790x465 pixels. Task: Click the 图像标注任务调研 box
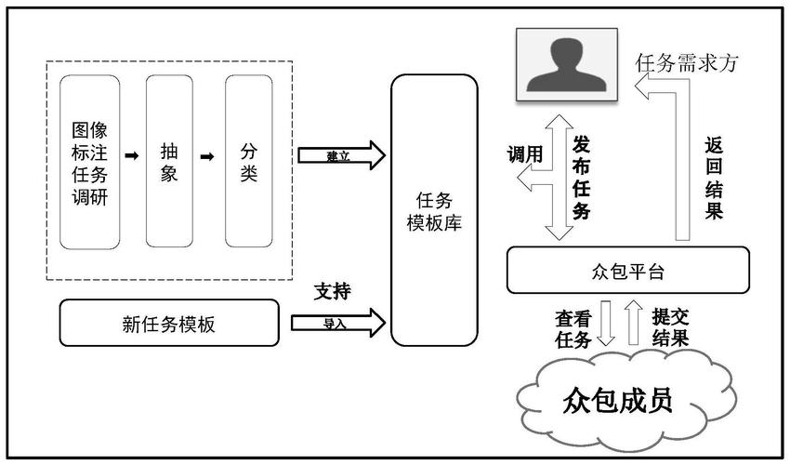[90, 162]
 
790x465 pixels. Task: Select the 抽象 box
[169, 162]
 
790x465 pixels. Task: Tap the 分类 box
[248, 162]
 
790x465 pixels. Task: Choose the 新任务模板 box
[169, 323]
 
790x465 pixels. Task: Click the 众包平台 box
[628, 271]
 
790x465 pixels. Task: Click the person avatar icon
[568, 64]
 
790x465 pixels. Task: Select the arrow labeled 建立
[341, 155]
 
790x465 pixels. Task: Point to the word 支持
[332, 291]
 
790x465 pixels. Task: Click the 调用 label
[523, 154]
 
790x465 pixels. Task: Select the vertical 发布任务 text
[582, 177]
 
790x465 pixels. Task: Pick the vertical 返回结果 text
[714, 178]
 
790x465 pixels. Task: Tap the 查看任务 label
[573, 328]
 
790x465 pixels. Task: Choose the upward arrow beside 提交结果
[636, 322]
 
